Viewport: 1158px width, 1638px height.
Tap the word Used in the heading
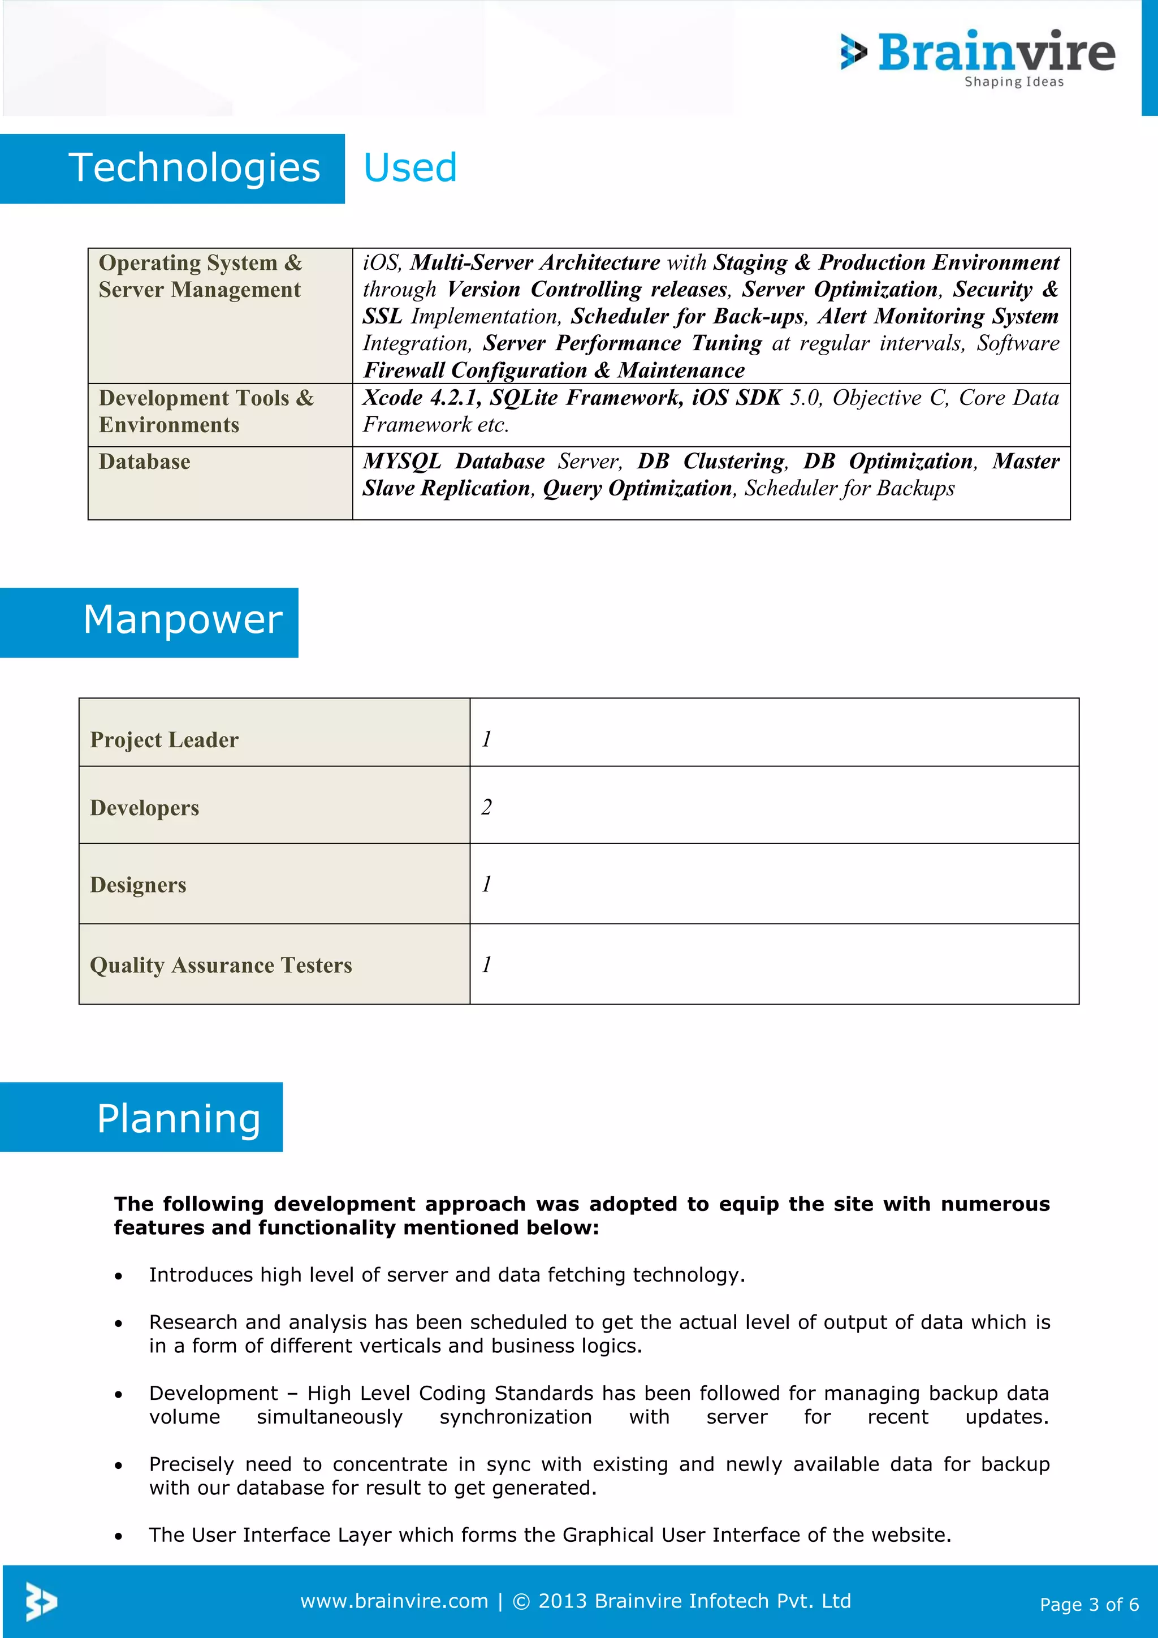(x=410, y=169)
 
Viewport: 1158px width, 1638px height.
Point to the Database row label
(x=145, y=462)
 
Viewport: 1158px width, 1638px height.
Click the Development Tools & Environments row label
(x=206, y=411)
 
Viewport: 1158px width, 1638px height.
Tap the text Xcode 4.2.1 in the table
(x=421, y=398)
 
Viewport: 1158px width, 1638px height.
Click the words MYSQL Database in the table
(x=453, y=462)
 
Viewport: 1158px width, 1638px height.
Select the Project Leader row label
(x=164, y=740)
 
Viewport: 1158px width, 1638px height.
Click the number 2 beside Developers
(x=486, y=807)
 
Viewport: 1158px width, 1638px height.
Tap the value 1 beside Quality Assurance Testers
(x=486, y=964)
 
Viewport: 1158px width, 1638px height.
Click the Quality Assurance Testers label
(x=221, y=965)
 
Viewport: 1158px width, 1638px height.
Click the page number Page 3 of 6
(x=1089, y=1605)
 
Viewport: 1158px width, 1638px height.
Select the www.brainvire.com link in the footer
(x=394, y=1601)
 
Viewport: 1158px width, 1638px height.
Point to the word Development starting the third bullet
(x=213, y=1393)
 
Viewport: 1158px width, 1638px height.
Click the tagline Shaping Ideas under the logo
(x=1013, y=82)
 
